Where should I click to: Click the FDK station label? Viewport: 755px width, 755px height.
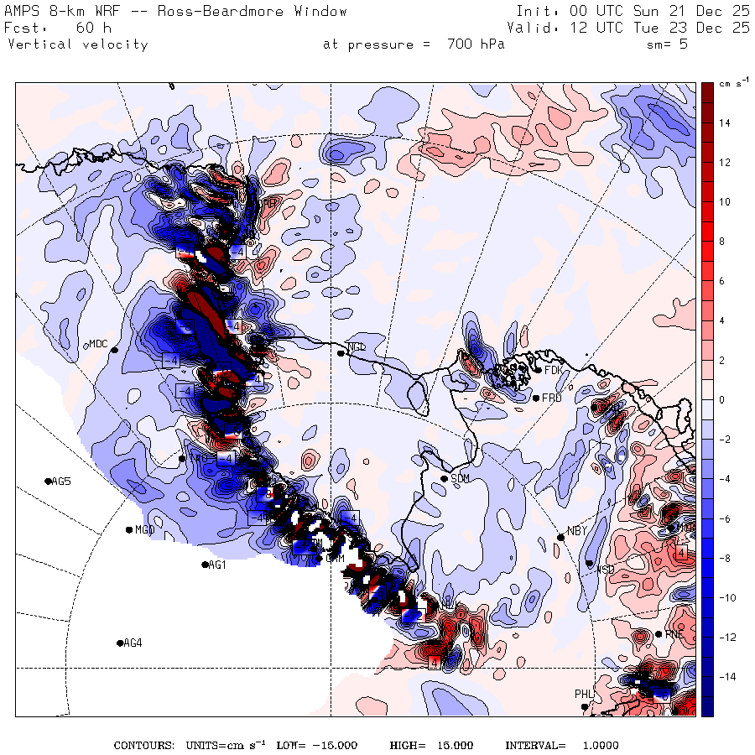553,370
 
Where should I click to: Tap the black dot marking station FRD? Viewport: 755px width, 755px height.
535,398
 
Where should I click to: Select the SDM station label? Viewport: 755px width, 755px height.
460,479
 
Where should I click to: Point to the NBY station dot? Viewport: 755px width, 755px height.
560,537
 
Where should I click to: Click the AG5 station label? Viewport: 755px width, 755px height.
61,482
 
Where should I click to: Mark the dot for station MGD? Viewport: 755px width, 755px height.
128,529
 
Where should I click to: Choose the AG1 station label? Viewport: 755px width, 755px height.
218,565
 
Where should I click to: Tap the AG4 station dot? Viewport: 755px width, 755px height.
119,643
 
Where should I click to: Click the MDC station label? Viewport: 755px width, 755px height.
98,344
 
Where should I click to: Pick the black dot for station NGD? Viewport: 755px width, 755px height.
341,353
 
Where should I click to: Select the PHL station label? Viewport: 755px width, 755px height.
584,694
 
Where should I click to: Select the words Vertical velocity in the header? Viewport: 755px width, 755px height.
77,44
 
